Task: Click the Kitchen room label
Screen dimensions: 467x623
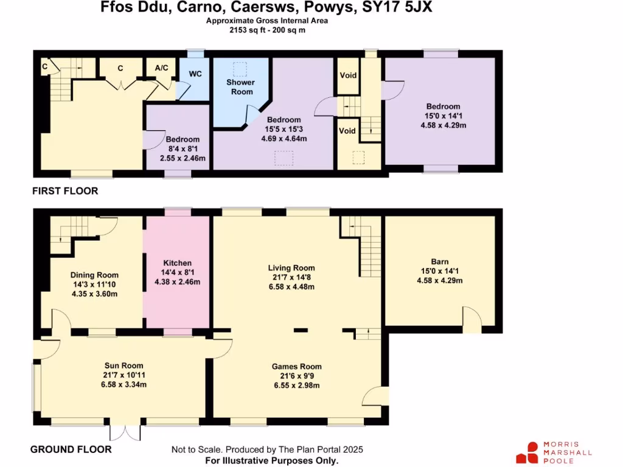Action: tap(177, 263)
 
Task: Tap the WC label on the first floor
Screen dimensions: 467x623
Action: tap(195, 74)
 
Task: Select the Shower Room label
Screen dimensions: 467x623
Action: tap(240, 87)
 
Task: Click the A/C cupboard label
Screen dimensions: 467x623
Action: tap(161, 68)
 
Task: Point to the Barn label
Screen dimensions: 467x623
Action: tap(439, 262)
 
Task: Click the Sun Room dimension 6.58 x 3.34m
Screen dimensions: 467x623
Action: tap(124, 384)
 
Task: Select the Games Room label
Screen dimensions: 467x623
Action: tap(297, 367)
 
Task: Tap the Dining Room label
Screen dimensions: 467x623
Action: tap(94, 275)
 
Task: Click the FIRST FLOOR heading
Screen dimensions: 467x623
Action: tap(65, 191)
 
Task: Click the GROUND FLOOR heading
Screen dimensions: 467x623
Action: tap(71, 449)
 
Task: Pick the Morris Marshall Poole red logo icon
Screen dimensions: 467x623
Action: tap(527, 452)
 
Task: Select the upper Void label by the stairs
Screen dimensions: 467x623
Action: tap(347, 76)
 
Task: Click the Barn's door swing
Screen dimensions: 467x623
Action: tap(471, 317)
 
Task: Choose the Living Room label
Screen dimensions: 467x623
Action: tap(291, 268)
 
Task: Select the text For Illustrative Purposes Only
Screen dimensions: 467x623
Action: tap(271, 461)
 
